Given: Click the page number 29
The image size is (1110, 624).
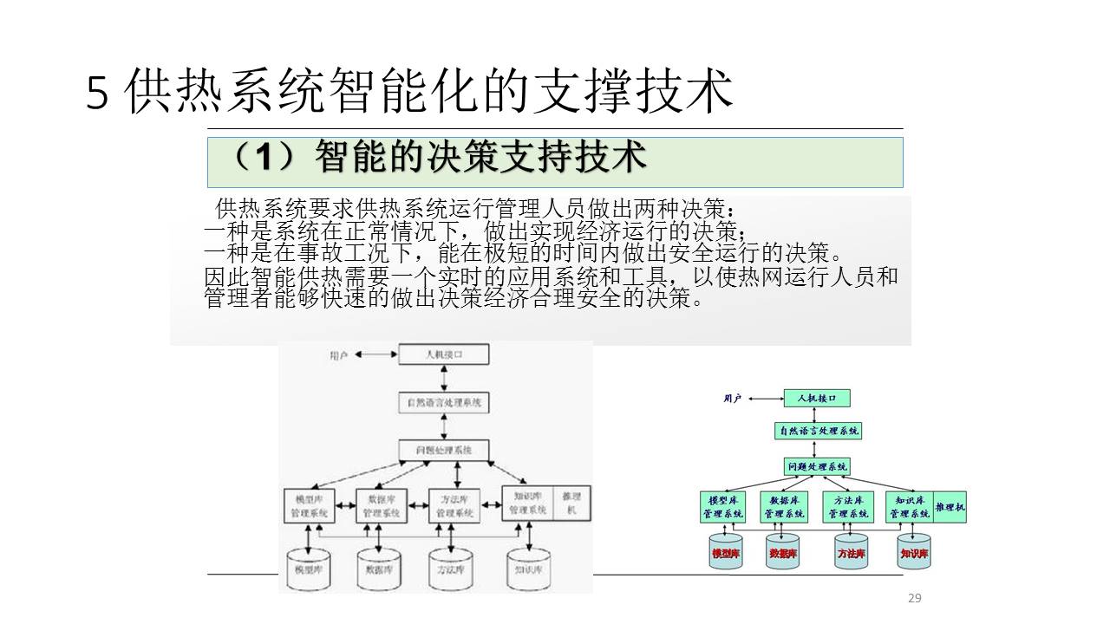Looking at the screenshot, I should (914, 598).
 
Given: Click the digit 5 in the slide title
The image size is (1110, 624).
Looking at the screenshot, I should (98, 94).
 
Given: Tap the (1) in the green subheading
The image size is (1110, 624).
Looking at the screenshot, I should (260, 158).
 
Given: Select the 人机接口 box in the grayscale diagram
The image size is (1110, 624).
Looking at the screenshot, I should (443, 354).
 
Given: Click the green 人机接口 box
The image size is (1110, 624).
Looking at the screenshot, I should (816, 399).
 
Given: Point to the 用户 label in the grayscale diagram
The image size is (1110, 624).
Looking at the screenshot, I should (338, 355).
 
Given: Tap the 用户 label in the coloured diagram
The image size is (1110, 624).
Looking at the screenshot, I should (733, 399).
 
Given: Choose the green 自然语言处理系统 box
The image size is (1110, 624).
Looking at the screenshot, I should (818, 431).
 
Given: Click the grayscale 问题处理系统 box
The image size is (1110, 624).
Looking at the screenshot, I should (443, 451).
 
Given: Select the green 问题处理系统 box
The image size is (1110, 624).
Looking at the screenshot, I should (817, 466).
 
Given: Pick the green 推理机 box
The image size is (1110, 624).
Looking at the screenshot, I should (950, 506).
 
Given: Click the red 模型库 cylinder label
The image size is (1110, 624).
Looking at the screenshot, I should (725, 553).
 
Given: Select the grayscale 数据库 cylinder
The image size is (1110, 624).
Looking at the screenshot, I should (380, 568).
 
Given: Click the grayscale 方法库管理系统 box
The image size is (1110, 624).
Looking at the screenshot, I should (455, 505).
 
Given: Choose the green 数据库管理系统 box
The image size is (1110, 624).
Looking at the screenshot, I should (784, 507).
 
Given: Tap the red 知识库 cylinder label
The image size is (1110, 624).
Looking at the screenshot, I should (914, 553).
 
